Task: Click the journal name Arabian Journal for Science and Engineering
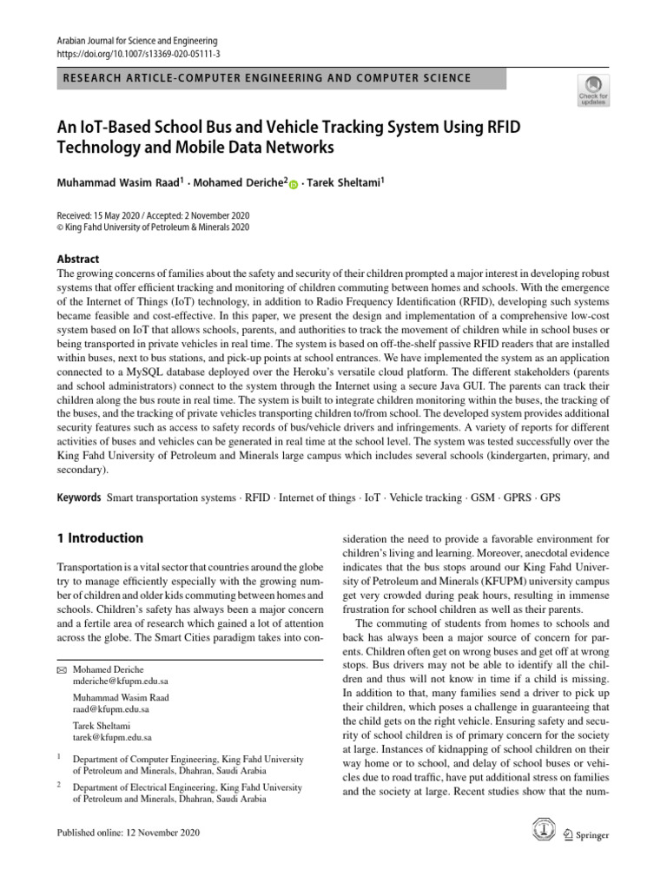coord(136,41)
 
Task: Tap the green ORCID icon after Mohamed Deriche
coord(293,185)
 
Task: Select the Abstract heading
coord(77,259)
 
